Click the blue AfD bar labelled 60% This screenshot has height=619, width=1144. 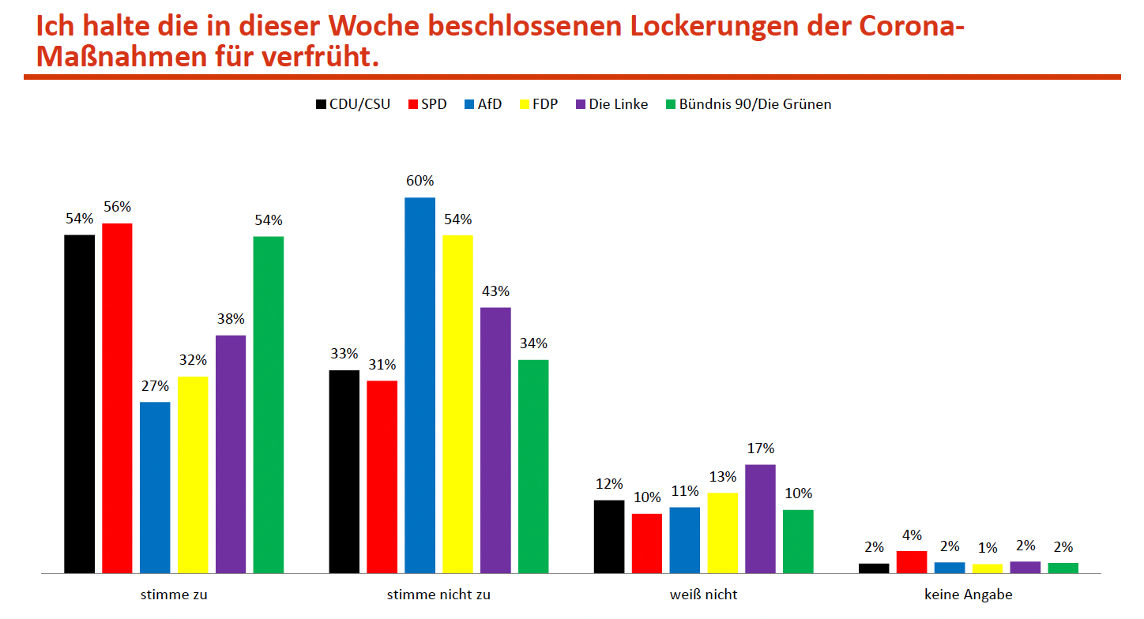pos(420,385)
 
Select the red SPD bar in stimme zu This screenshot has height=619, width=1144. pos(117,398)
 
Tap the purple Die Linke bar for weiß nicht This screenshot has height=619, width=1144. pos(760,518)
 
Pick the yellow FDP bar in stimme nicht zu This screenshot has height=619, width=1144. pos(457,403)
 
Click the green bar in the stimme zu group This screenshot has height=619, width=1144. pos(268,404)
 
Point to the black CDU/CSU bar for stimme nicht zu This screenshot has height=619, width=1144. pos(344,471)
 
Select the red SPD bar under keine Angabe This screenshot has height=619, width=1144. pos(912,561)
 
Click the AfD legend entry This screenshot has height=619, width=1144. pos(483,104)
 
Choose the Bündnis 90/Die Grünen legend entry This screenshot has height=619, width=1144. pos(748,104)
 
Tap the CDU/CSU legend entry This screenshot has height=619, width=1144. pos(353,104)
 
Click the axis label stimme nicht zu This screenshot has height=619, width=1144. pos(438,595)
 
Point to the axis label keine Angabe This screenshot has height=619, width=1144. pos(968,595)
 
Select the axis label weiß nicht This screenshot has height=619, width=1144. pos(703,595)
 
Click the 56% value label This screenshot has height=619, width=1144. pos(117,207)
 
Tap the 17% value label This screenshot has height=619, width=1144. pos(760,448)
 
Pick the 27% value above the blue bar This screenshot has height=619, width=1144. pos(155,386)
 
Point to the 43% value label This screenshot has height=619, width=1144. pos(495,291)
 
